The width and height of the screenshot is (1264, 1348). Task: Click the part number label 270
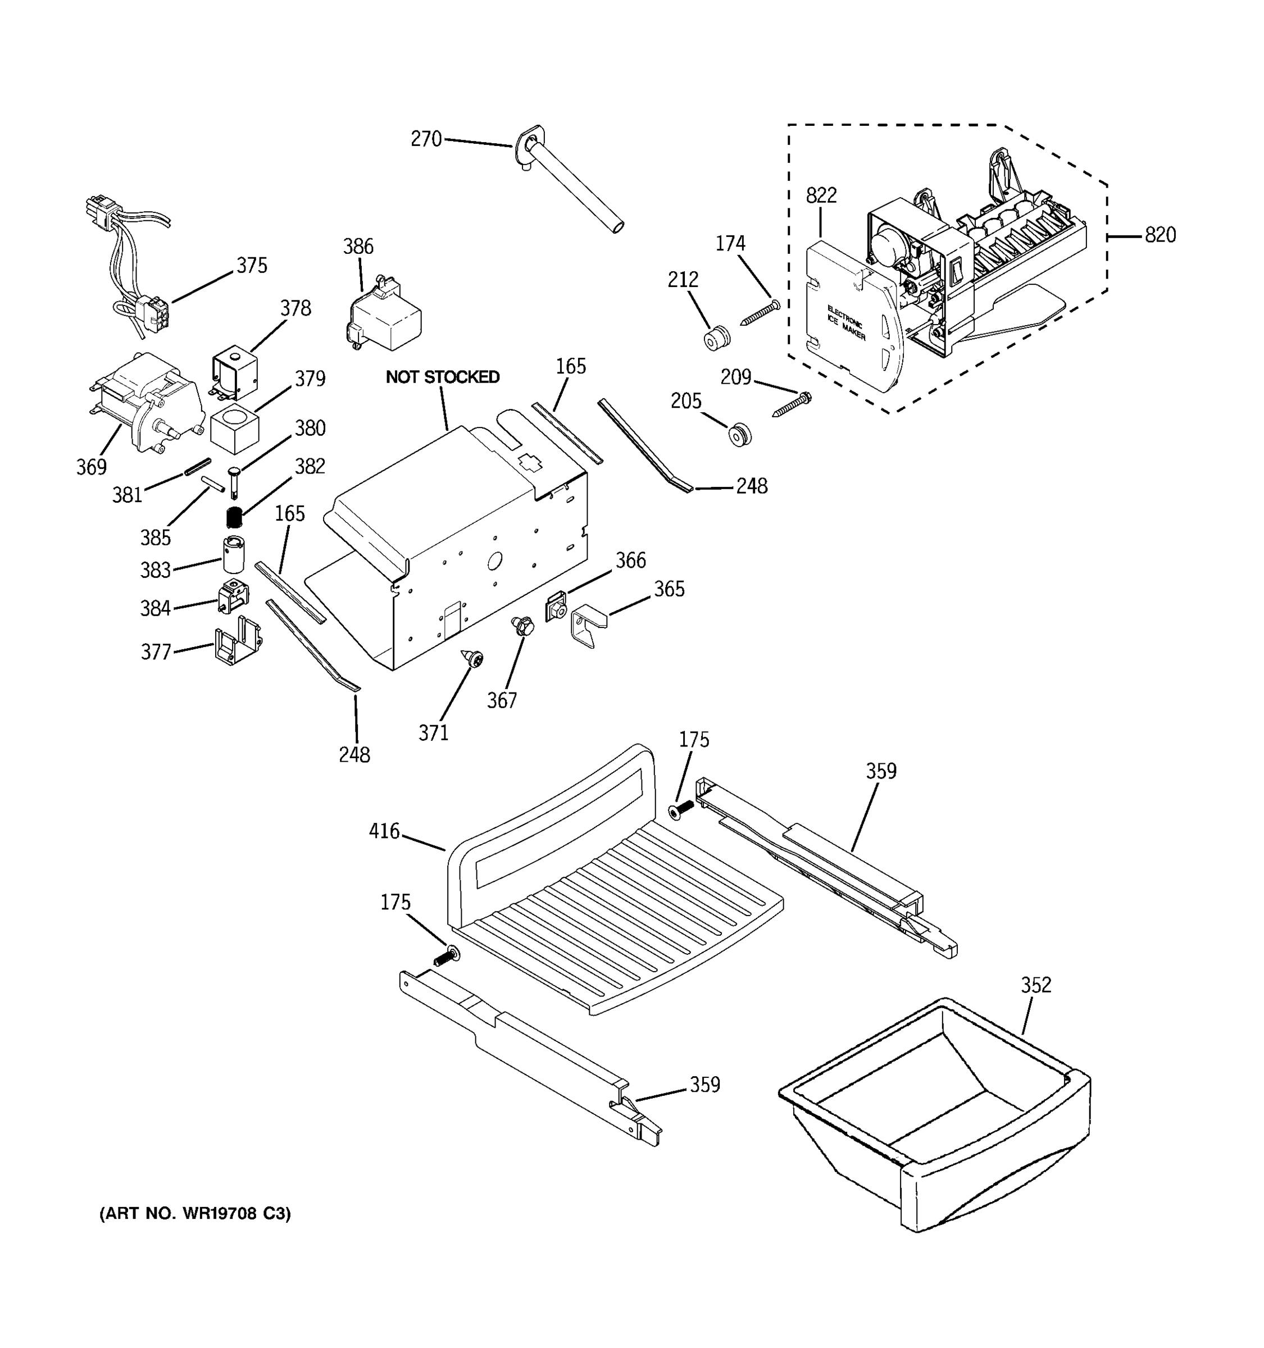426,139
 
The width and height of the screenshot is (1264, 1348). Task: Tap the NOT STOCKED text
442,377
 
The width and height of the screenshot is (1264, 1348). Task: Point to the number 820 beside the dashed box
1160,235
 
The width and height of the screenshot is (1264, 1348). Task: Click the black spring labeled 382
234,517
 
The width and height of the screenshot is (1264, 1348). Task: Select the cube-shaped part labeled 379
235,429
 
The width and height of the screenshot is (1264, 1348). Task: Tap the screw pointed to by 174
758,313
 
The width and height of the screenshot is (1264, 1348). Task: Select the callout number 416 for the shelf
384,831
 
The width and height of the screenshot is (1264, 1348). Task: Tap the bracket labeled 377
237,642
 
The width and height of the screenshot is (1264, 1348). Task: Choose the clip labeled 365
589,625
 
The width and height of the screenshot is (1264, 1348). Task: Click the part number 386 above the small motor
357,246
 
